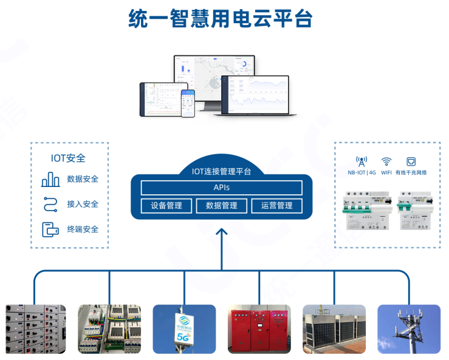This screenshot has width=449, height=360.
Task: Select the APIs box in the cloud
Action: point(221,188)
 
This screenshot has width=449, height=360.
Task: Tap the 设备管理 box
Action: point(166,206)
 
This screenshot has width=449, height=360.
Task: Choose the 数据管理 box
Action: point(221,206)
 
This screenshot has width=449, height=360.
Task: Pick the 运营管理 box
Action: point(276,206)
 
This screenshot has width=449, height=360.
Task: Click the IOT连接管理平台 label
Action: point(221,171)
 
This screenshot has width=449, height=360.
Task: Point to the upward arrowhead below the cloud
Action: point(222,232)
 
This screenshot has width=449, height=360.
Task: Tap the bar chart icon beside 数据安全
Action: point(50,180)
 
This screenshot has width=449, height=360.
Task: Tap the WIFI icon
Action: point(386,161)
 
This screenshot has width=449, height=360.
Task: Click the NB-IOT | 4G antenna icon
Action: point(362,161)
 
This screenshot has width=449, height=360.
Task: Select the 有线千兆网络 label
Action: point(411,172)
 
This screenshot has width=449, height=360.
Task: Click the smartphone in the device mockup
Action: point(188,104)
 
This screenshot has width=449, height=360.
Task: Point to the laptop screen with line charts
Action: point(255,96)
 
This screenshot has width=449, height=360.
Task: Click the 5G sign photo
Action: point(184,329)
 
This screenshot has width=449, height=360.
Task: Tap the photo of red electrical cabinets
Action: point(259,329)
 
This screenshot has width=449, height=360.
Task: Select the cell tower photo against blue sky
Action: point(409,329)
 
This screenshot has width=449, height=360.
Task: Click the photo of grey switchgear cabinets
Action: point(35,329)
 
